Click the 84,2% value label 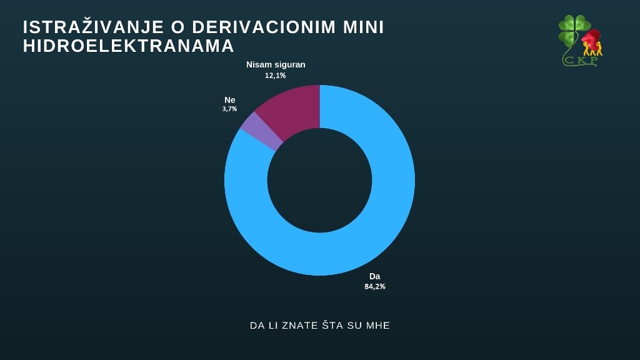(375, 286)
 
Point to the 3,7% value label (229, 109)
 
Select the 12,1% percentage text (276, 75)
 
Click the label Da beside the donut (374, 276)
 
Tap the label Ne (229, 100)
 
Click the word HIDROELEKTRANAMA (129, 46)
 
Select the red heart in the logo (591, 38)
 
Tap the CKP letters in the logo (581, 61)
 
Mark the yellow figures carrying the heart (592, 49)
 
